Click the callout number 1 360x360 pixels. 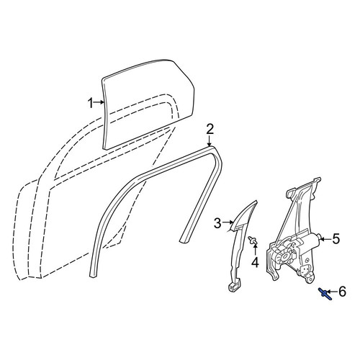tap(90, 104)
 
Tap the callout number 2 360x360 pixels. tap(210, 130)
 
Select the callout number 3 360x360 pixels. tap(217, 223)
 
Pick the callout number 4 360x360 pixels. tap(255, 262)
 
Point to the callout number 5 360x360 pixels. tap(336, 239)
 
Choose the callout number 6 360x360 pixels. tap(342, 292)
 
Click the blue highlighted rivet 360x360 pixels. tap(325, 294)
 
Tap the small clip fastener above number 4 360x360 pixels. tap(253, 240)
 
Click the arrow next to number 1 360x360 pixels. tap(99, 102)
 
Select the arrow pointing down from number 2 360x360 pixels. tap(210, 141)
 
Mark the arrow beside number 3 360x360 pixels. tap(228, 222)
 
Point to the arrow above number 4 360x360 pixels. tap(255, 250)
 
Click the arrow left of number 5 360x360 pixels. tap(325, 239)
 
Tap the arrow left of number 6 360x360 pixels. tap(332, 292)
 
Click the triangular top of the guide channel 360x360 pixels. tap(243, 215)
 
